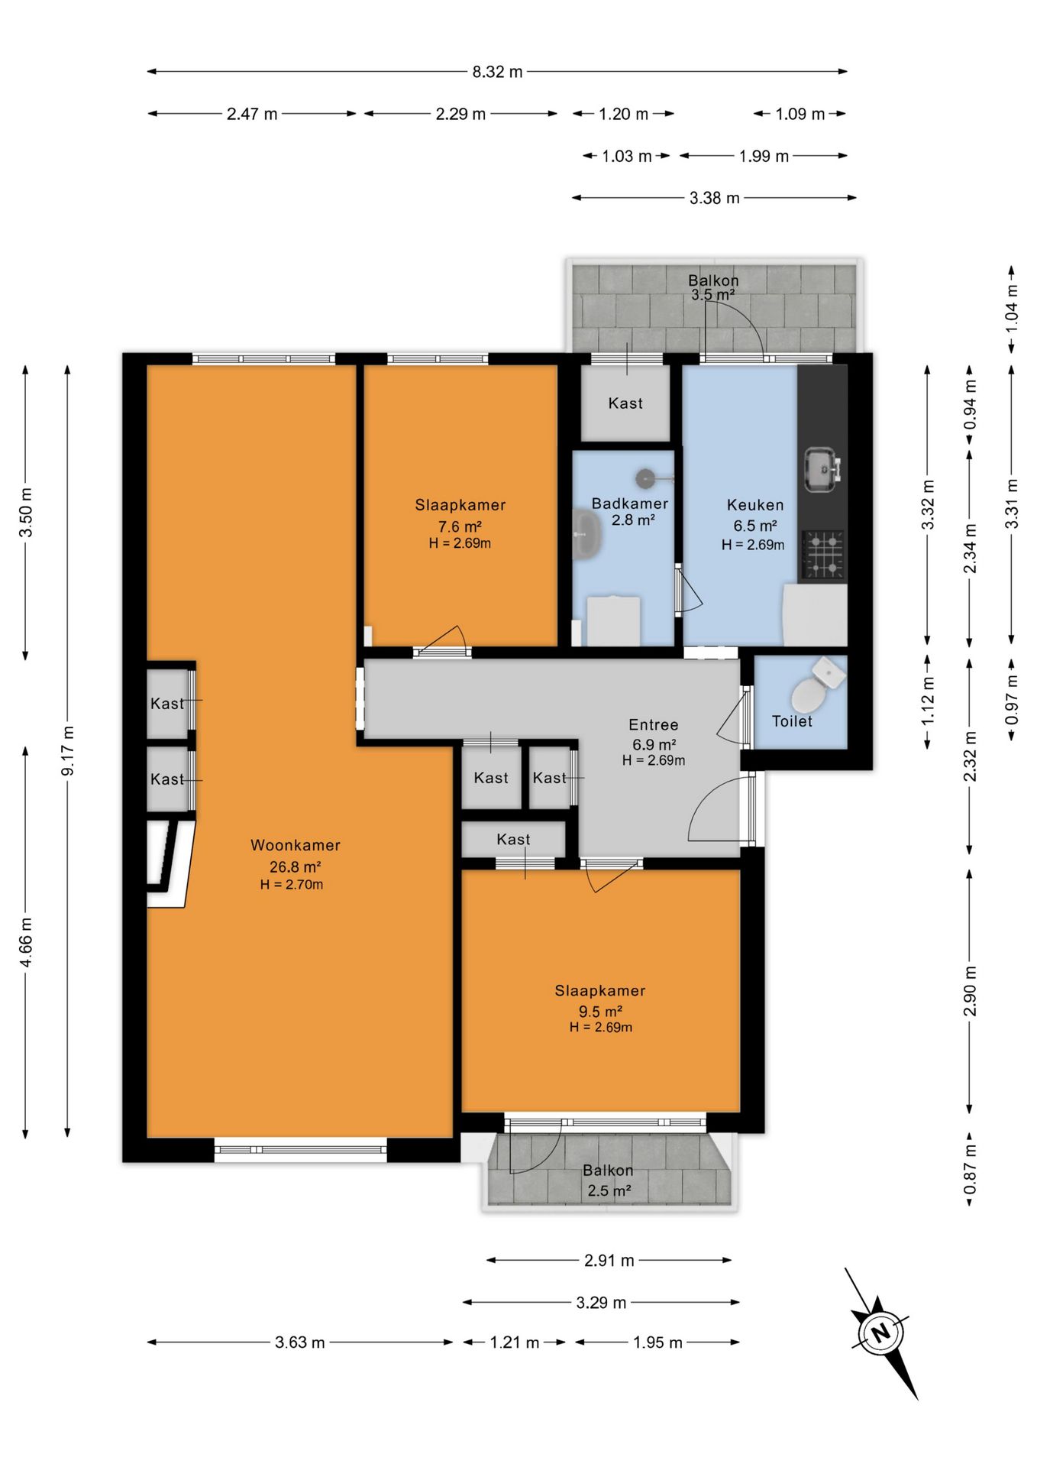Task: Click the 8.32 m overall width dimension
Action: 497,72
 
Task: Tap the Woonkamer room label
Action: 296,845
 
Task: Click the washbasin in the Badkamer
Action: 586,535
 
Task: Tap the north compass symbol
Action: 882,1333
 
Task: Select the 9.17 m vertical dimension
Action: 68,751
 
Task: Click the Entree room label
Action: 653,724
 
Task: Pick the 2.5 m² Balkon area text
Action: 609,1190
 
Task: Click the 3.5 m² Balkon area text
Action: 713,295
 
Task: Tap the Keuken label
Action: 755,504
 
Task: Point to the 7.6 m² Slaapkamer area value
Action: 460,526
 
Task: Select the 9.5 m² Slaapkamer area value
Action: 600,1012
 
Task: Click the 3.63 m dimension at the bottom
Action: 299,1342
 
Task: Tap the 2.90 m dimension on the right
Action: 970,991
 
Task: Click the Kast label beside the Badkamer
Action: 625,403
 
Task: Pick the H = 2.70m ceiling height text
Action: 292,885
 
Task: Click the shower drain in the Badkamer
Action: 645,478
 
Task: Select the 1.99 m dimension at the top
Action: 764,156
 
